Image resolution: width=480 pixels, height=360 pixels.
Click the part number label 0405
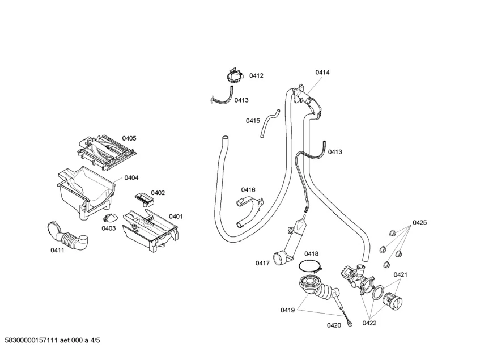point(129,138)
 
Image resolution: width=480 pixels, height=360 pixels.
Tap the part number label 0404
point(131,177)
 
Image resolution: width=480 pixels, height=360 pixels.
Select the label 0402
point(158,193)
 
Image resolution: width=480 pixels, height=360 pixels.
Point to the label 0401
point(176,216)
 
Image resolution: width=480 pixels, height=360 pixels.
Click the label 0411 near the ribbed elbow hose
point(57,250)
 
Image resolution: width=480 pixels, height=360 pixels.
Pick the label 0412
point(256,75)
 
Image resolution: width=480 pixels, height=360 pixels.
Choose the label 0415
point(253,120)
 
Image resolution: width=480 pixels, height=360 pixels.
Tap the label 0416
point(248,190)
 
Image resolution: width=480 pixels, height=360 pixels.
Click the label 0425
point(419,223)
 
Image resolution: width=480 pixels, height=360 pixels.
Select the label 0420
point(334,325)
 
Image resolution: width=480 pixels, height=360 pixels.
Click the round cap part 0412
point(233,75)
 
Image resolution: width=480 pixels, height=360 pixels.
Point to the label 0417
point(262,263)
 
